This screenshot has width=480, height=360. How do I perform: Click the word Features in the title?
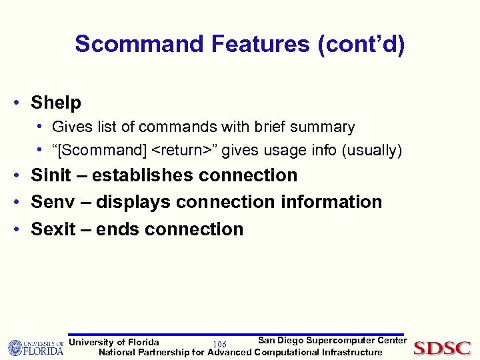pos(261,44)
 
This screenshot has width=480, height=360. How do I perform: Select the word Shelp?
pos(56,103)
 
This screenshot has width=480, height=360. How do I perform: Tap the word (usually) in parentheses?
pos(371,151)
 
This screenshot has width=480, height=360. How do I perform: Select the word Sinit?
pos(51,175)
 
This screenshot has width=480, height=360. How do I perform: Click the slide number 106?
pos(219,344)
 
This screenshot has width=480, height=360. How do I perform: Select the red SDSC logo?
pos(442,348)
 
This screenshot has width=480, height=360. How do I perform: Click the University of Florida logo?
pos(35,347)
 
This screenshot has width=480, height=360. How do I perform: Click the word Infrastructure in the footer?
pos(352,352)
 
